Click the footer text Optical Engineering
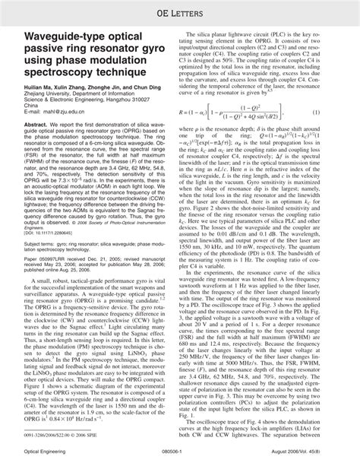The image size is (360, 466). click(x=43, y=453)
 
